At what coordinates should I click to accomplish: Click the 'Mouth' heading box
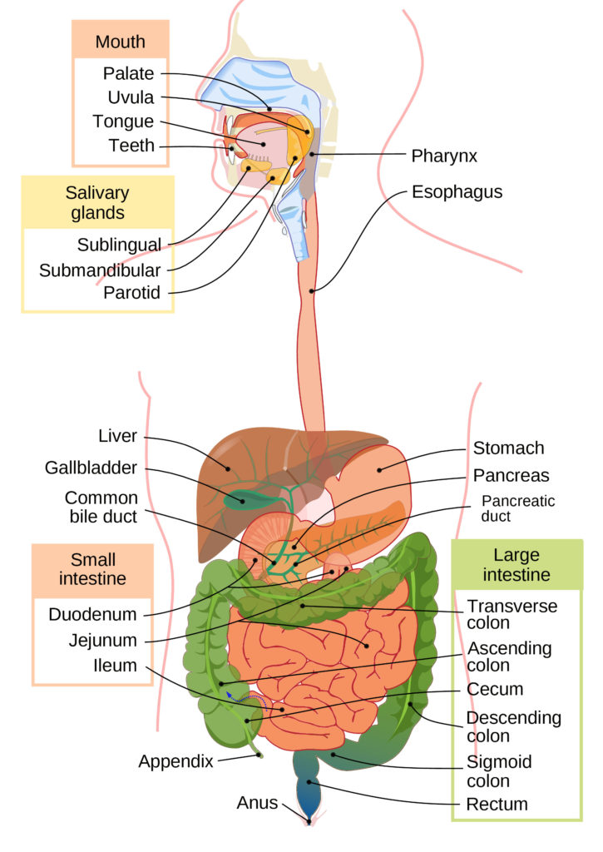(x=120, y=42)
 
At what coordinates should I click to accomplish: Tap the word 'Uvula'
(x=131, y=97)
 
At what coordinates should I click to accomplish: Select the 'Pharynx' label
(x=444, y=156)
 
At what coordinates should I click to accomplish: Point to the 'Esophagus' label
(x=457, y=192)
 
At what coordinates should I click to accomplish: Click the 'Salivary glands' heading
(x=97, y=202)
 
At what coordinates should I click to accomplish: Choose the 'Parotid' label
(x=131, y=293)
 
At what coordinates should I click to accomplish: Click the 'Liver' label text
(x=117, y=436)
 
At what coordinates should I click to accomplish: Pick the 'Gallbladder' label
(x=91, y=468)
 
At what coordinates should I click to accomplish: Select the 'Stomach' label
(x=508, y=448)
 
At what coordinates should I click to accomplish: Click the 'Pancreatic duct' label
(x=518, y=508)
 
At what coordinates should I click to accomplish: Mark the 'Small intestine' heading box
(x=92, y=568)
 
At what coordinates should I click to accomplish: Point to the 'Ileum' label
(x=116, y=666)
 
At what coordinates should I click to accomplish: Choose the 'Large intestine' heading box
(x=517, y=564)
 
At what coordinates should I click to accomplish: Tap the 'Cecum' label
(x=495, y=689)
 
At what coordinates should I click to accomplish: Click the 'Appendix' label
(x=175, y=760)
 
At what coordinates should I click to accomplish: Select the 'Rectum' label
(x=497, y=805)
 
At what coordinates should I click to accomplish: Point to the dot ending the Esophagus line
(x=312, y=290)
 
